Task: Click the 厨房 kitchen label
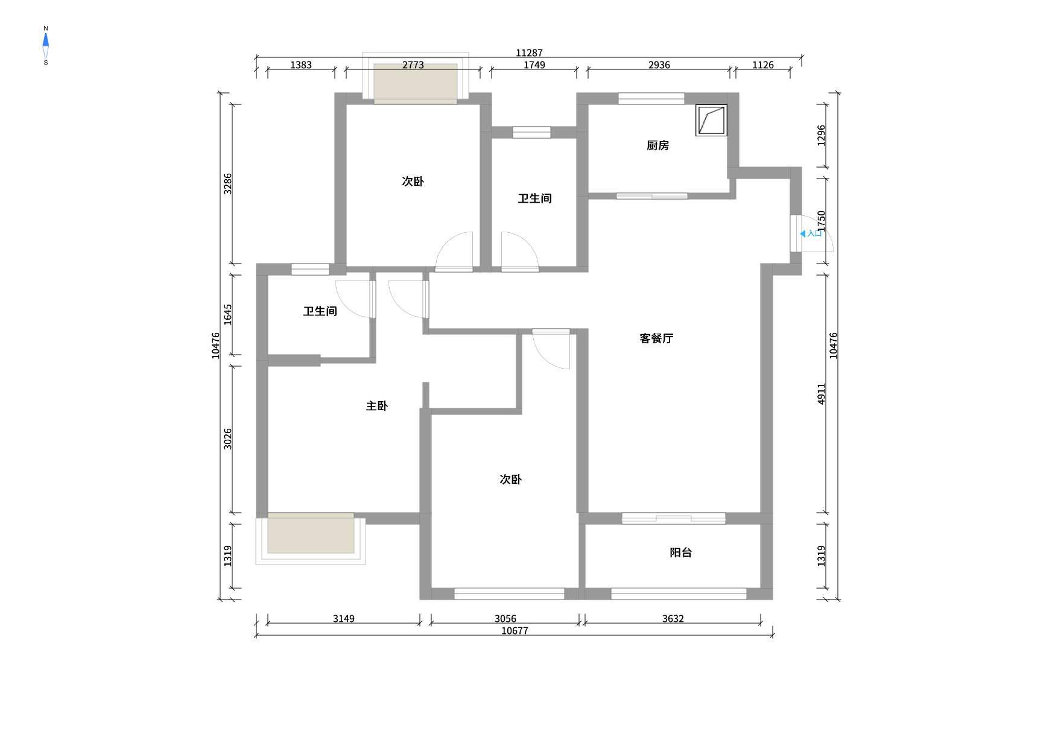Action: coord(657,145)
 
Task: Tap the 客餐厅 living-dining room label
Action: coord(656,338)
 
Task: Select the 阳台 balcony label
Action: coord(680,553)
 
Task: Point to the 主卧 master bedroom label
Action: coord(376,406)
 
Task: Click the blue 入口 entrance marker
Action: coord(811,233)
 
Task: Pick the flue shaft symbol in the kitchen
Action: coord(711,120)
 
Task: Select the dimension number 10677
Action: coord(515,631)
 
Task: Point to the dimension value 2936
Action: coord(659,65)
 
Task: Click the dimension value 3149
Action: coord(343,619)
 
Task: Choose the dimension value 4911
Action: coord(821,393)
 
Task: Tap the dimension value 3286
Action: coord(227,183)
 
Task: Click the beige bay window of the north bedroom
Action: coord(416,84)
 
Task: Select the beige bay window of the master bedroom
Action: coord(311,533)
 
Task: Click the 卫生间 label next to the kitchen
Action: coord(534,198)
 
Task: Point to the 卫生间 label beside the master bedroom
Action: coord(320,311)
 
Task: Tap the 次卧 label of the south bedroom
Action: coord(510,480)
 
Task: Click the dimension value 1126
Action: coord(762,65)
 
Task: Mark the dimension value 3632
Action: coord(673,619)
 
